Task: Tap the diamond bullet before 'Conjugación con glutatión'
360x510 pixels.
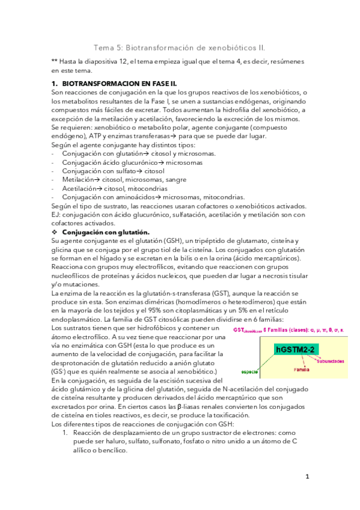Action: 55,232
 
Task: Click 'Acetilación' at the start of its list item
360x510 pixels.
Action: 79,188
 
